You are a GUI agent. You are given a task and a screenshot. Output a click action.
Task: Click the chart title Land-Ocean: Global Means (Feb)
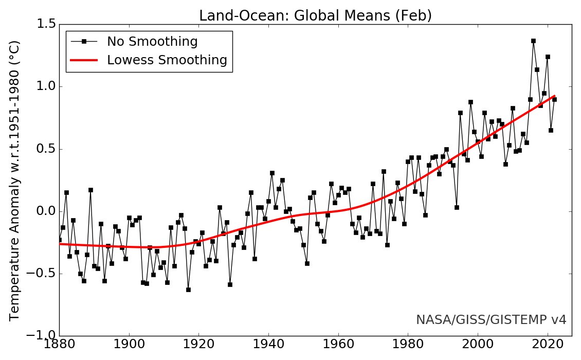pos(315,16)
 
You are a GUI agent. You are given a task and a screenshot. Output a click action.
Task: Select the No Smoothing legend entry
pos(152,41)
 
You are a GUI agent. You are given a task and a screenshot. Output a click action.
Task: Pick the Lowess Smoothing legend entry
pos(167,60)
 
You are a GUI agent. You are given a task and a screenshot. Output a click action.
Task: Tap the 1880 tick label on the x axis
pos(59,348)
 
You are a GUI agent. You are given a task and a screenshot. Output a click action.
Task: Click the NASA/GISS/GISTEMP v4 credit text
pos(491,320)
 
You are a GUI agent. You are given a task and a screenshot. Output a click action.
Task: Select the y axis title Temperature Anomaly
pos(15,180)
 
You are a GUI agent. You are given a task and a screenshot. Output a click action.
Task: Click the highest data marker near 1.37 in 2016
pos(533,41)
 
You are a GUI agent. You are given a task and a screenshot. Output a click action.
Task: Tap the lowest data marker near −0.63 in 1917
pos(188,290)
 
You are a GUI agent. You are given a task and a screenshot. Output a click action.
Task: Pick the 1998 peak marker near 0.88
pos(470,102)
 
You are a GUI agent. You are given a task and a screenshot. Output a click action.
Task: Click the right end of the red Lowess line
pos(554,96)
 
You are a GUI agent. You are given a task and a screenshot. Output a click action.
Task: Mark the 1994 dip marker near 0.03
pos(457,207)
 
